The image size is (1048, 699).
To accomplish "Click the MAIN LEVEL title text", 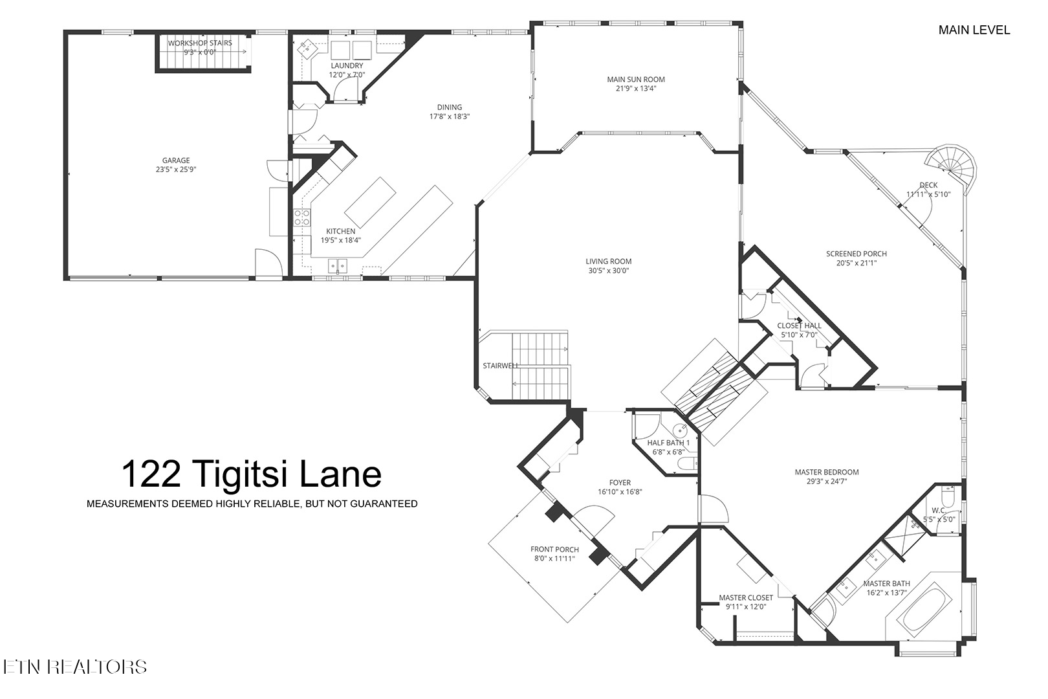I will click(974, 30).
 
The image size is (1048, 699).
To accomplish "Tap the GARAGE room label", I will click(176, 161).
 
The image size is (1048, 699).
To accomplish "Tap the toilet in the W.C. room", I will click(948, 500).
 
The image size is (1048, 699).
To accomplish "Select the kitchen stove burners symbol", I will click(302, 217).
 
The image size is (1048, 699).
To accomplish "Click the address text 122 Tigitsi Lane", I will click(251, 474).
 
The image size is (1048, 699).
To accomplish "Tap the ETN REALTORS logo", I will click(74, 667).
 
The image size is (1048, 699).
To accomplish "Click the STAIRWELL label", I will click(501, 366).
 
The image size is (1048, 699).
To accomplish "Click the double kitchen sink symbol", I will click(337, 264).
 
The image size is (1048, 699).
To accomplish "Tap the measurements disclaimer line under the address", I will click(252, 504).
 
